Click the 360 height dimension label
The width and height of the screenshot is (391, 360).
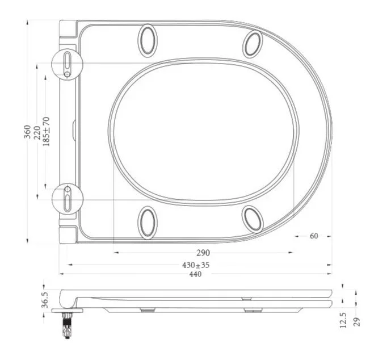(x=27, y=132)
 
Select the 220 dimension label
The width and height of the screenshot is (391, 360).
(x=37, y=132)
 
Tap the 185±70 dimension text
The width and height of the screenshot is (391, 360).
(x=47, y=131)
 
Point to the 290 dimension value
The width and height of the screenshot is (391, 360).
(x=203, y=253)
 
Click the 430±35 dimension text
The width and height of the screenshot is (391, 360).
(x=196, y=265)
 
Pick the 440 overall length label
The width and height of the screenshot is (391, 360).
(x=195, y=274)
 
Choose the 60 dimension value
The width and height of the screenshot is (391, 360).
(x=314, y=236)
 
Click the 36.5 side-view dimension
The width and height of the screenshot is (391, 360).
(x=45, y=300)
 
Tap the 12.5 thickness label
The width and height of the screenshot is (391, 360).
(x=343, y=320)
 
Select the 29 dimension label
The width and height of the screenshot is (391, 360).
(x=357, y=321)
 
